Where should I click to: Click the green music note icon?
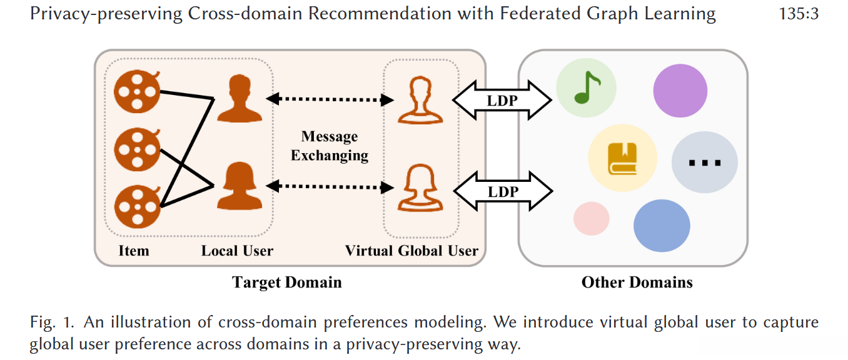point(587,87)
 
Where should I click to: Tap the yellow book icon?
point(622,159)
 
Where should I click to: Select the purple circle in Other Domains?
point(680,91)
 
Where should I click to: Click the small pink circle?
point(591,219)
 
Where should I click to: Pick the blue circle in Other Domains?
point(662,226)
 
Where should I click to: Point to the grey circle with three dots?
point(705,162)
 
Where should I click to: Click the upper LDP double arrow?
point(502,100)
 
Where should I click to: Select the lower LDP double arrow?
point(503,191)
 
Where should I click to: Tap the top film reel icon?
point(137,91)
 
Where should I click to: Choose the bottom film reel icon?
point(137,207)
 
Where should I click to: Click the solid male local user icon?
point(240,98)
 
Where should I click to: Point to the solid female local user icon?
point(240,186)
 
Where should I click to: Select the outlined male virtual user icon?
point(420,100)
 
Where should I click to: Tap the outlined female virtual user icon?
point(420,188)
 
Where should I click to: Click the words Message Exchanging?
point(330,146)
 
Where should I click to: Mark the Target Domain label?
point(286,282)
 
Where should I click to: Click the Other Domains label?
point(637,282)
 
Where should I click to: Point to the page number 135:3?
point(799,14)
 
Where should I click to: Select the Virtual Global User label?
point(411,251)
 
